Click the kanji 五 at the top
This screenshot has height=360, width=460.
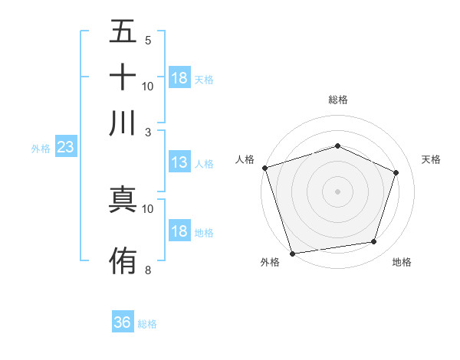click(x=123, y=33)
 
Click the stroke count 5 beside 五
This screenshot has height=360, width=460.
click(x=148, y=40)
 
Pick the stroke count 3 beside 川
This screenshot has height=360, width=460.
click(x=148, y=131)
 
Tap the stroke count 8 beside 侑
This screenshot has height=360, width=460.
click(x=148, y=270)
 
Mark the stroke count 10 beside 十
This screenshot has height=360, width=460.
click(x=148, y=86)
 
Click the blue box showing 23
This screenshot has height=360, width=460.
click(x=65, y=148)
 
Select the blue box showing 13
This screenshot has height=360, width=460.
click(x=179, y=162)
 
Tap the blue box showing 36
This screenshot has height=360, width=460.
click(x=123, y=322)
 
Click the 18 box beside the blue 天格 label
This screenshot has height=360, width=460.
click(x=179, y=78)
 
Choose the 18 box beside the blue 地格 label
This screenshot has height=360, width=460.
click(x=179, y=232)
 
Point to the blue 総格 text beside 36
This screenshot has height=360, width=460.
click(x=147, y=324)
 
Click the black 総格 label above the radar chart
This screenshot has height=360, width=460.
click(x=337, y=100)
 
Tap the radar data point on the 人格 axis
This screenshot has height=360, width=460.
click(x=264, y=168)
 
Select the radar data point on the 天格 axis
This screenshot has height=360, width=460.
click(x=396, y=172)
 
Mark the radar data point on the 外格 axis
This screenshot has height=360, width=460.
click(x=292, y=253)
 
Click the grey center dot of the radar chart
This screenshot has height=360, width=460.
click(x=337, y=191)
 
